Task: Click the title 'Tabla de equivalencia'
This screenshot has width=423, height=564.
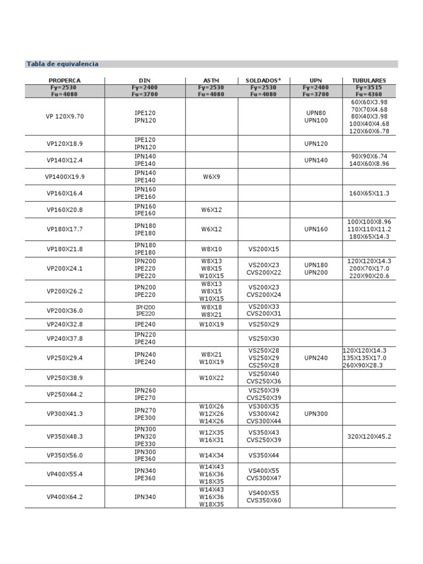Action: [x=62, y=64]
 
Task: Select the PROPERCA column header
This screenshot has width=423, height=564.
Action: [x=64, y=80]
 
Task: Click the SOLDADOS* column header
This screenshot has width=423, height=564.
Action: [x=263, y=80]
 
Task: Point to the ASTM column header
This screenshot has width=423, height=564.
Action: [x=211, y=80]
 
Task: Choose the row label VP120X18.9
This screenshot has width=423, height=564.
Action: [x=64, y=144]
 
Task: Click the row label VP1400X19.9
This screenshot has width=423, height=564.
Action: [x=64, y=177]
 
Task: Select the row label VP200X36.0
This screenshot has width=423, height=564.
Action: [x=64, y=310]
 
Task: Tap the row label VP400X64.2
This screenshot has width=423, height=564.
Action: [x=64, y=497]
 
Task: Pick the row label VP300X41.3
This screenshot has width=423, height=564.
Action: [x=64, y=414]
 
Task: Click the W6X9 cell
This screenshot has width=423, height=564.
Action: [x=211, y=177]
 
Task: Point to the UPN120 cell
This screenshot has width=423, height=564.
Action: [x=316, y=144]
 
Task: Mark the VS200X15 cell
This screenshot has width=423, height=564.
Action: [x=264, y=249]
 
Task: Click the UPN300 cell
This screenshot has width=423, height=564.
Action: [x=316, y=414]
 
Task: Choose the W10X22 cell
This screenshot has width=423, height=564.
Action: [x=211, y=378]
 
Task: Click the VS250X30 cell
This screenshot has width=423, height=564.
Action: [x=264, y=338]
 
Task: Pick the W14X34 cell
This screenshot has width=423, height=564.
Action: [x=211, y=455]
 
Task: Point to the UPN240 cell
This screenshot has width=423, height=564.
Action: [x=316, y=358]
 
